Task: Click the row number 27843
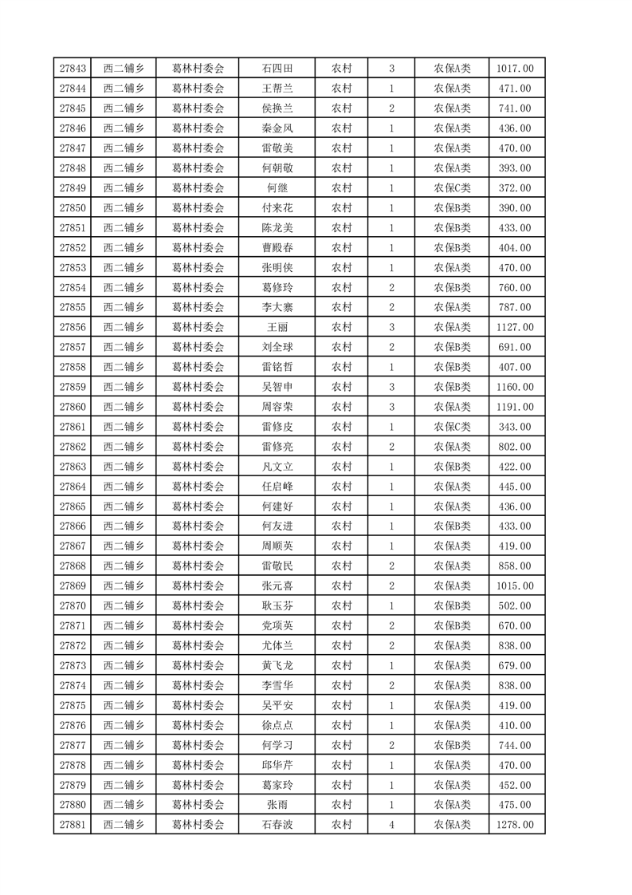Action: (73, 69)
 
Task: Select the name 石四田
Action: (277, 69)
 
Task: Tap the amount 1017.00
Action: (516, 69)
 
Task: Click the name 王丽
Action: (277, 327)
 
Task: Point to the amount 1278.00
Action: (516, 825)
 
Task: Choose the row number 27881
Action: (73, 825)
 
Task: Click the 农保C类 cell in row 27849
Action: (452, 188)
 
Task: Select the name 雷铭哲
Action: (277, 367)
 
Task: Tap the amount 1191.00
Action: (516, 407)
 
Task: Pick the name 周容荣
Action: (277, 407)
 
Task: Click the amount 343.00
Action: (516, 427)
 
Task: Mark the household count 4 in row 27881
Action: (391, 825)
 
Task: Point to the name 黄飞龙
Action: (277, 665)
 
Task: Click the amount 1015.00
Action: (516, 586)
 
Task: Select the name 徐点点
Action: (277, 725)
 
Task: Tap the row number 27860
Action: (73, 407)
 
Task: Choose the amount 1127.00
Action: (516, 327)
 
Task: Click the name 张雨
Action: (277, 805)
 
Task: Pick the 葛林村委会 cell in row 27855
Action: (198, 307)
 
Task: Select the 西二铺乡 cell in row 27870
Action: (124, 606)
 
